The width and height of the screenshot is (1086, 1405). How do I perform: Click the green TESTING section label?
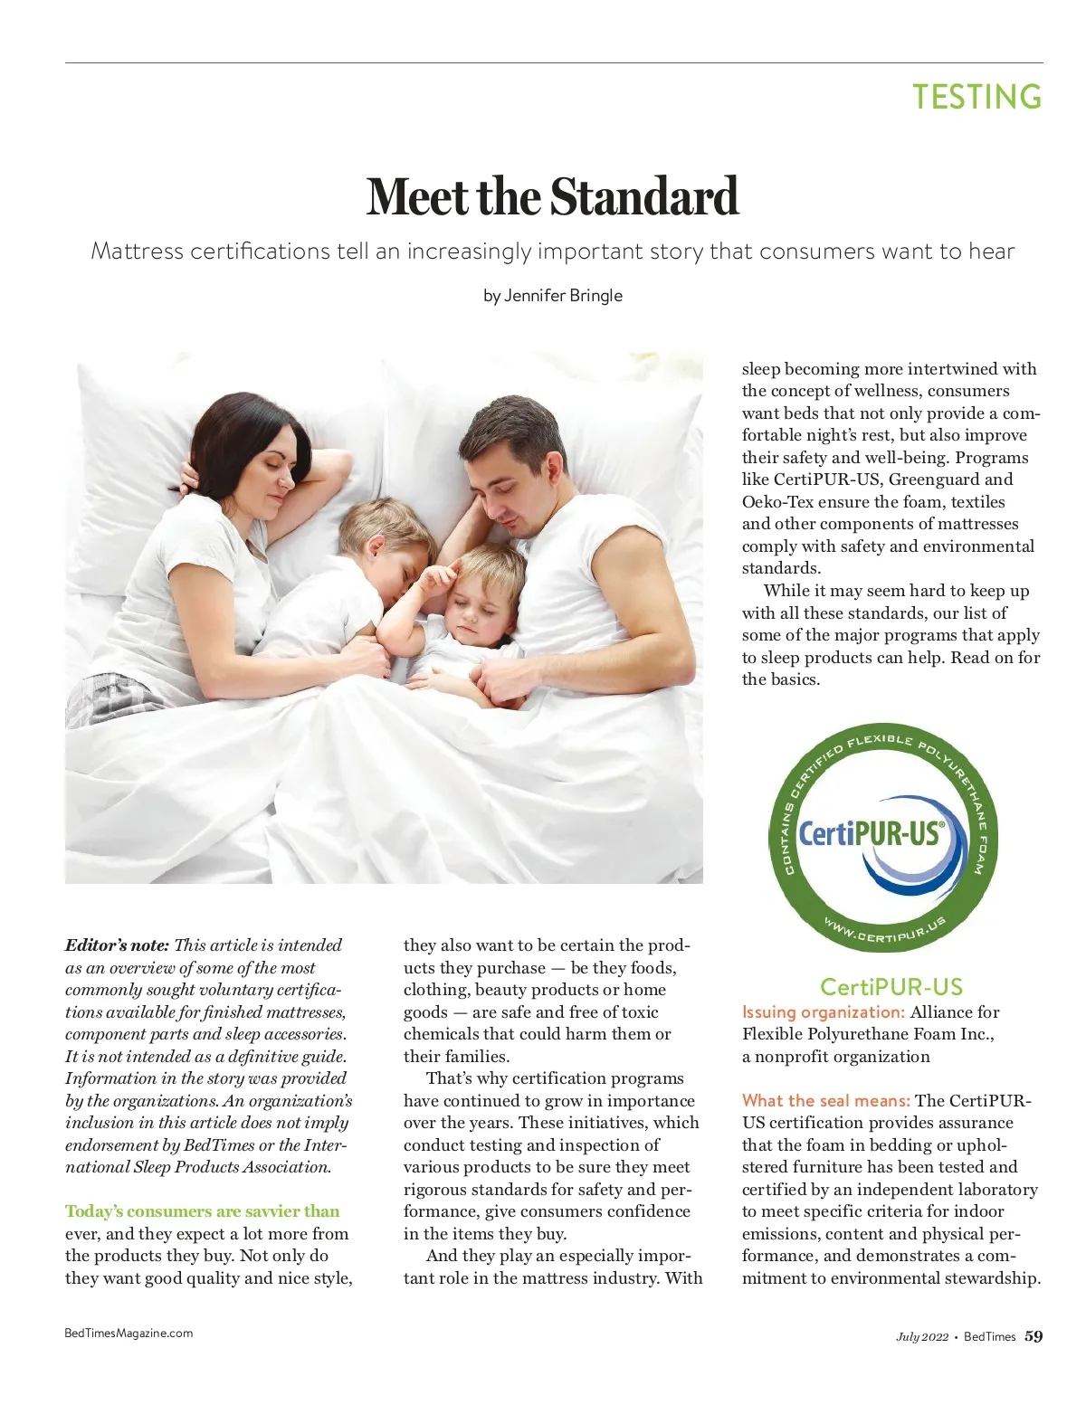tap(976, 97)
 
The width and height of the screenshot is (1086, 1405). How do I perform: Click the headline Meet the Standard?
tap(552, 196)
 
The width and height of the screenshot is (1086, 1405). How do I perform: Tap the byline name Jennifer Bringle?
tap(563, 296)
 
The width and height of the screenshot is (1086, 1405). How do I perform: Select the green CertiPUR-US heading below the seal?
tap(891, 987)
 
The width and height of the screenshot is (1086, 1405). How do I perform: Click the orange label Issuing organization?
tap(823, 1012)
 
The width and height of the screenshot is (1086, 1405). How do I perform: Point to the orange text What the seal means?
tap(825, 1101)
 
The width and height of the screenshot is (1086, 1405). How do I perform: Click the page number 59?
tap(1034, 1336)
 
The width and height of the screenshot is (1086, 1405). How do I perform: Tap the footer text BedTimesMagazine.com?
tap(129, 1333)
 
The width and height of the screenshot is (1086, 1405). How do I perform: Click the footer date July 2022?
tap(922, 1337)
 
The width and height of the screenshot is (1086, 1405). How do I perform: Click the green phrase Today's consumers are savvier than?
tap(202, 1211)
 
